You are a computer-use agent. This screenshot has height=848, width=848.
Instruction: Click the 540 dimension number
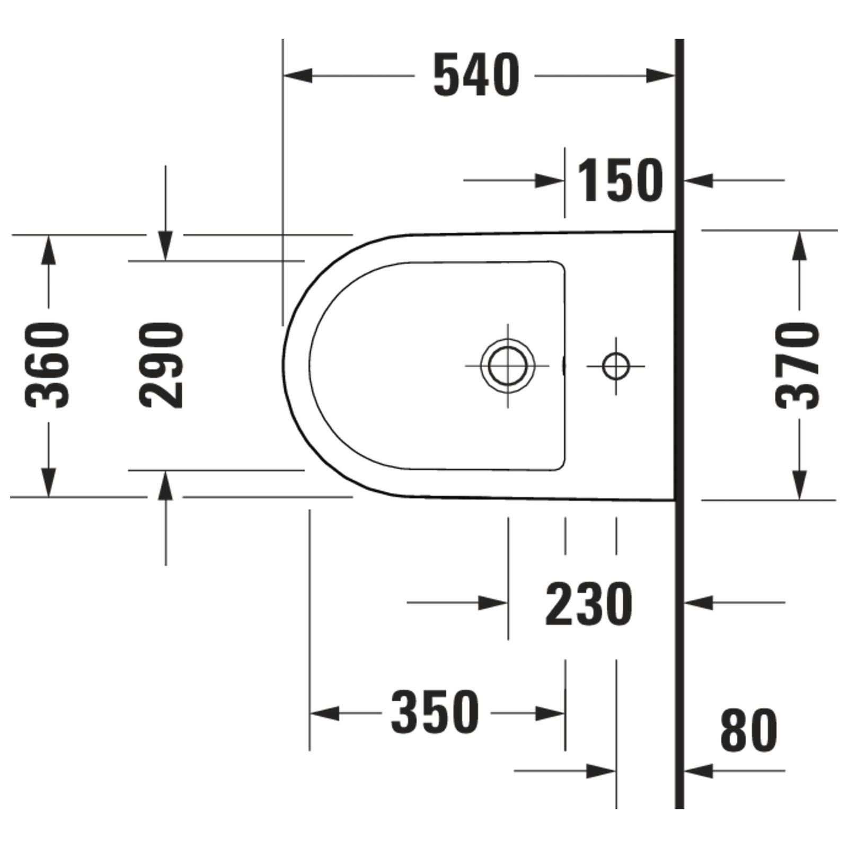click(x=476, y=75)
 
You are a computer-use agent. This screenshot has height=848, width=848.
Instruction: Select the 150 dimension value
click(x=620, y=180)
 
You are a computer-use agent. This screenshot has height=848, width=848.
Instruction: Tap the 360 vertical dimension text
click(x=47, y=365)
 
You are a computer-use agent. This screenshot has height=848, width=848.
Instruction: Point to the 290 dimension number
click(x=162, y=365)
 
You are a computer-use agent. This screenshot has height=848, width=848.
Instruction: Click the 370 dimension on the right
click(x=797, y=366)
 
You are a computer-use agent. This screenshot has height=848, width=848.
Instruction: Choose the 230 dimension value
click(x=588, y=604)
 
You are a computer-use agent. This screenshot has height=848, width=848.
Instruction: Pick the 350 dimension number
click(x=435, y=712)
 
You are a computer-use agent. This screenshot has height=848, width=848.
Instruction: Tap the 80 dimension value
click(x=748, y=730)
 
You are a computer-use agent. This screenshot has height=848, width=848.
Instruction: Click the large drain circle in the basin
click(x=508, y=365)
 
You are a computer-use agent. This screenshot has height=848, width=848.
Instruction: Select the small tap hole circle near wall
click(x=616, y=366)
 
